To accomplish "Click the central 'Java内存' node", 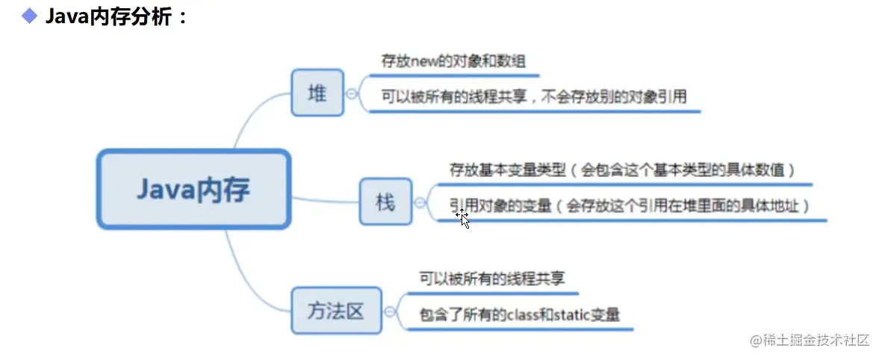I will (x=193, y=190).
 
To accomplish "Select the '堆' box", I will (x=317, y=93).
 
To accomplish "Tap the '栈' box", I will (x=385, y=202).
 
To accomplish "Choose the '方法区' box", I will (x=335, y=311).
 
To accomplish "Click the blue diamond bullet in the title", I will (x=29, y=16).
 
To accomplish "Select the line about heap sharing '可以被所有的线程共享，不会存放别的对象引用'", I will (x=533, y=96).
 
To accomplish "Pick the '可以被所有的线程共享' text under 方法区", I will (x=491, y=279).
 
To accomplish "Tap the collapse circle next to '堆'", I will (x=352, y=93).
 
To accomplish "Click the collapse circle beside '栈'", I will (x=420, y=202).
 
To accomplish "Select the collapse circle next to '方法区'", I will (x=391, y=311).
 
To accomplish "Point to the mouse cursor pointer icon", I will (x=463, y=217).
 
